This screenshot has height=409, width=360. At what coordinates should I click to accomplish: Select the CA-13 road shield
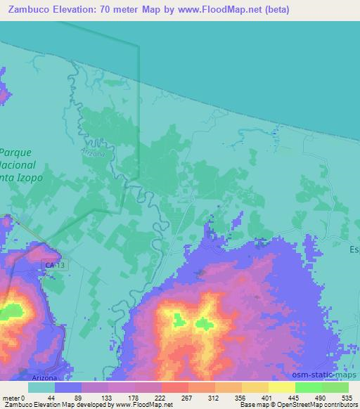[x=51, y=264]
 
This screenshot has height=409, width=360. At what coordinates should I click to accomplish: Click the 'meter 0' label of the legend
[x=13, y=397]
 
